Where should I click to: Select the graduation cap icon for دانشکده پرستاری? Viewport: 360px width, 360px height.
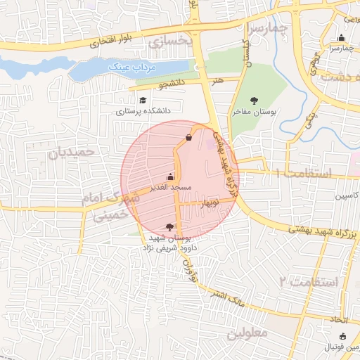(143, 101)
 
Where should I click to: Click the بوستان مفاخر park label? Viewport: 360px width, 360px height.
(256, 112)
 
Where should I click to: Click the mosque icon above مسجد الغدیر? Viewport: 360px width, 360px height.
(169, 177)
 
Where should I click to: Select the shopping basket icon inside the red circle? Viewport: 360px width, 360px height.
(188, 137)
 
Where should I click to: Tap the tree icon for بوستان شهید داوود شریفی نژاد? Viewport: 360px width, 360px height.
(169, 226)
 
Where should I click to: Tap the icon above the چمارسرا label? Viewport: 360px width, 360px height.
(342, 39)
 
